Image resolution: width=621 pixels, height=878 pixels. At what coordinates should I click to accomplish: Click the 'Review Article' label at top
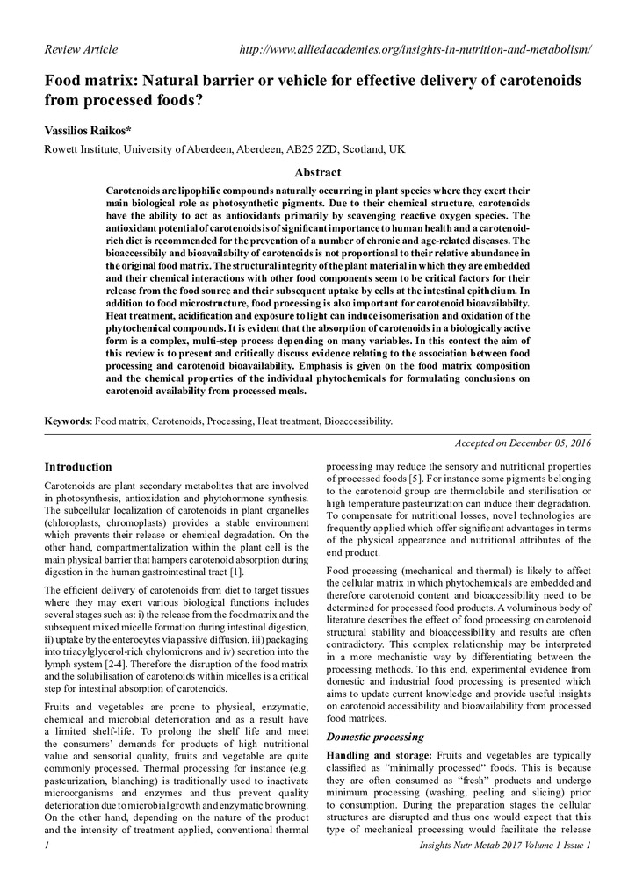[81, 49]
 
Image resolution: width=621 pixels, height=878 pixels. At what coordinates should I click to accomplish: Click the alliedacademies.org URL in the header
[415, 49]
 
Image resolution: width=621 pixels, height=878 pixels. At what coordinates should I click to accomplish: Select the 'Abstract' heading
[317, 172]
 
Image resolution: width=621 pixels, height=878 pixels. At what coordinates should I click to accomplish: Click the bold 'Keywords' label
[68, 421]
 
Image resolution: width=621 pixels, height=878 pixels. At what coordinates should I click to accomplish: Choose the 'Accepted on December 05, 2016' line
[523, 444]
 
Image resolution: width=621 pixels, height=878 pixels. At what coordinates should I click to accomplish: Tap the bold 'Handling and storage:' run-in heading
[378, 755]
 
